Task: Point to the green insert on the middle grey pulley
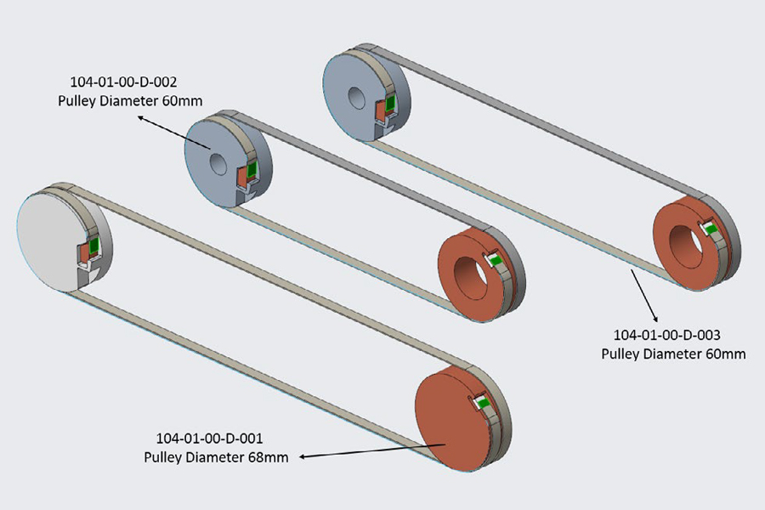[x=252, y=167]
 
